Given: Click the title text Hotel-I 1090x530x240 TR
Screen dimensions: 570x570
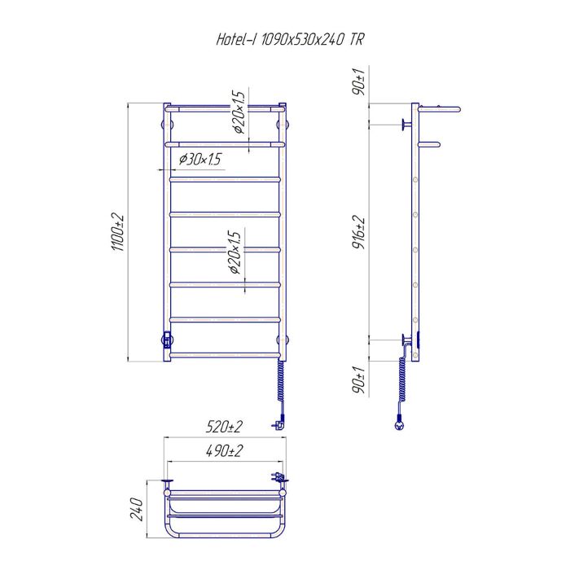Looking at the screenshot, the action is point(290,39).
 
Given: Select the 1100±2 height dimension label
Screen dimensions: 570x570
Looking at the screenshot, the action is point(118,233).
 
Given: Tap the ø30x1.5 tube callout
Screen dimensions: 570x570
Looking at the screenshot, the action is point(200,160).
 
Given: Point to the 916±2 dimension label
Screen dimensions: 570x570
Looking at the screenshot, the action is point(359,233).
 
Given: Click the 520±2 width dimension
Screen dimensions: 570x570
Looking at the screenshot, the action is point(224,427).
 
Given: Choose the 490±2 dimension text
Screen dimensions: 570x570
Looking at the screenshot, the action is point(224,451).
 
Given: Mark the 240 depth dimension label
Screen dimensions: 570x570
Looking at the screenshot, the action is point(138,509).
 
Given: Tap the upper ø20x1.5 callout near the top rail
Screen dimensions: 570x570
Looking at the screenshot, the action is point(240,112).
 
